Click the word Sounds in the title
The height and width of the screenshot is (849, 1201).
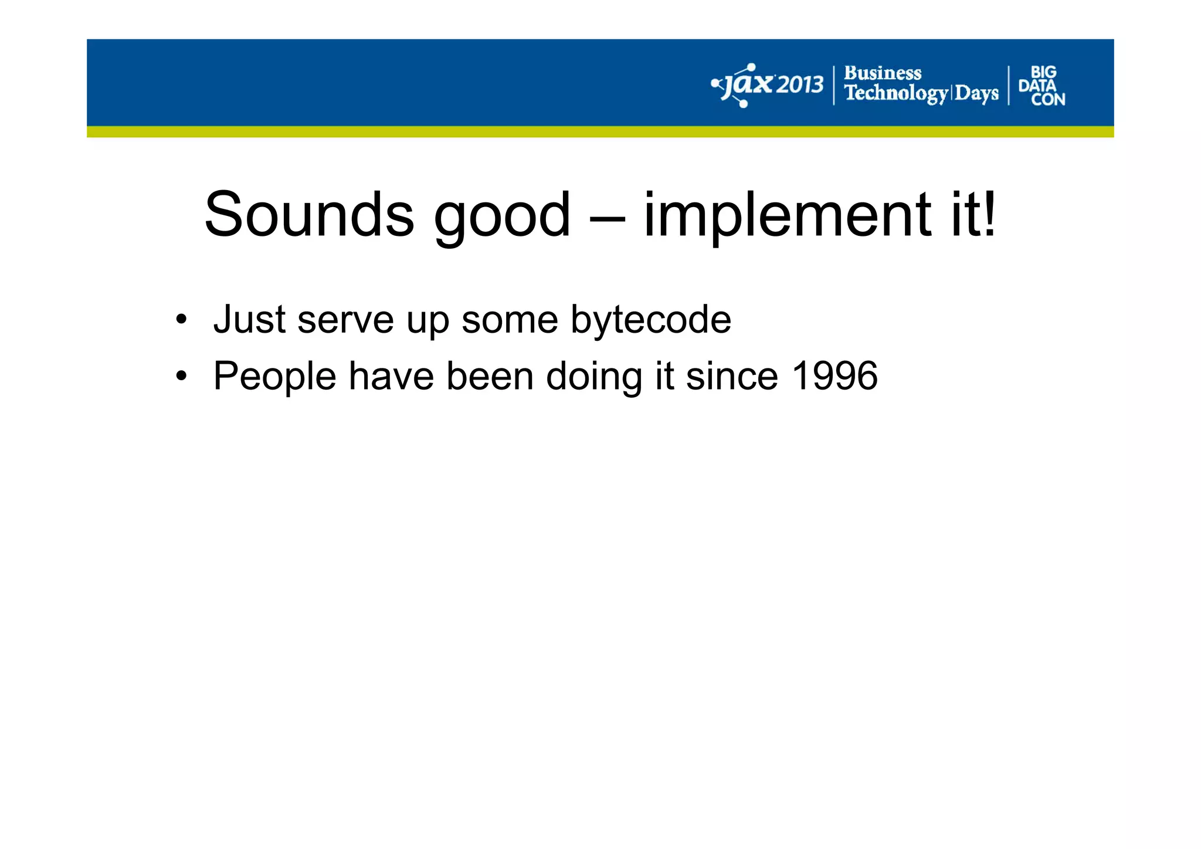[x=309, y=215]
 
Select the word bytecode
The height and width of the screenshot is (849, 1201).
[x=651, y=321]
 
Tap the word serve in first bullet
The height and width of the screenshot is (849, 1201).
[x=345, y=321]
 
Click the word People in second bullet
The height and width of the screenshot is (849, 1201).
[x=274, y=377]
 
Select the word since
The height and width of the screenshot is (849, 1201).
[x=732, y=376]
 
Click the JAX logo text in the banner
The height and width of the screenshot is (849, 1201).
[x=745, y=86]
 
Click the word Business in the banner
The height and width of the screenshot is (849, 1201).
[x=883, y=73]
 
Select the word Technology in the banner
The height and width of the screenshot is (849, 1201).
[x=895, y=93]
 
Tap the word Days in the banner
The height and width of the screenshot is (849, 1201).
[x=976, y=93]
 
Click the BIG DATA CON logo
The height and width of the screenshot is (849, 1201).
[x=1042, y=86]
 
